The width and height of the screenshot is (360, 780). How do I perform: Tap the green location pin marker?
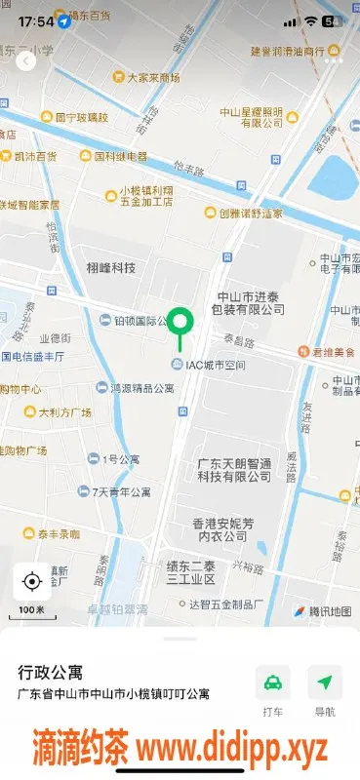point(179,321)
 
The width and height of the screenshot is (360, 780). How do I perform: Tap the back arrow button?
point(26,60)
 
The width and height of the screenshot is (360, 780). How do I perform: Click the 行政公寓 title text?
point(51,673)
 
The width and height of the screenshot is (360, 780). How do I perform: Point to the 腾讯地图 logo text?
point(322,611)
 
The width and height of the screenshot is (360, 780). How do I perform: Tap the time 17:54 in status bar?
point(35,20)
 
